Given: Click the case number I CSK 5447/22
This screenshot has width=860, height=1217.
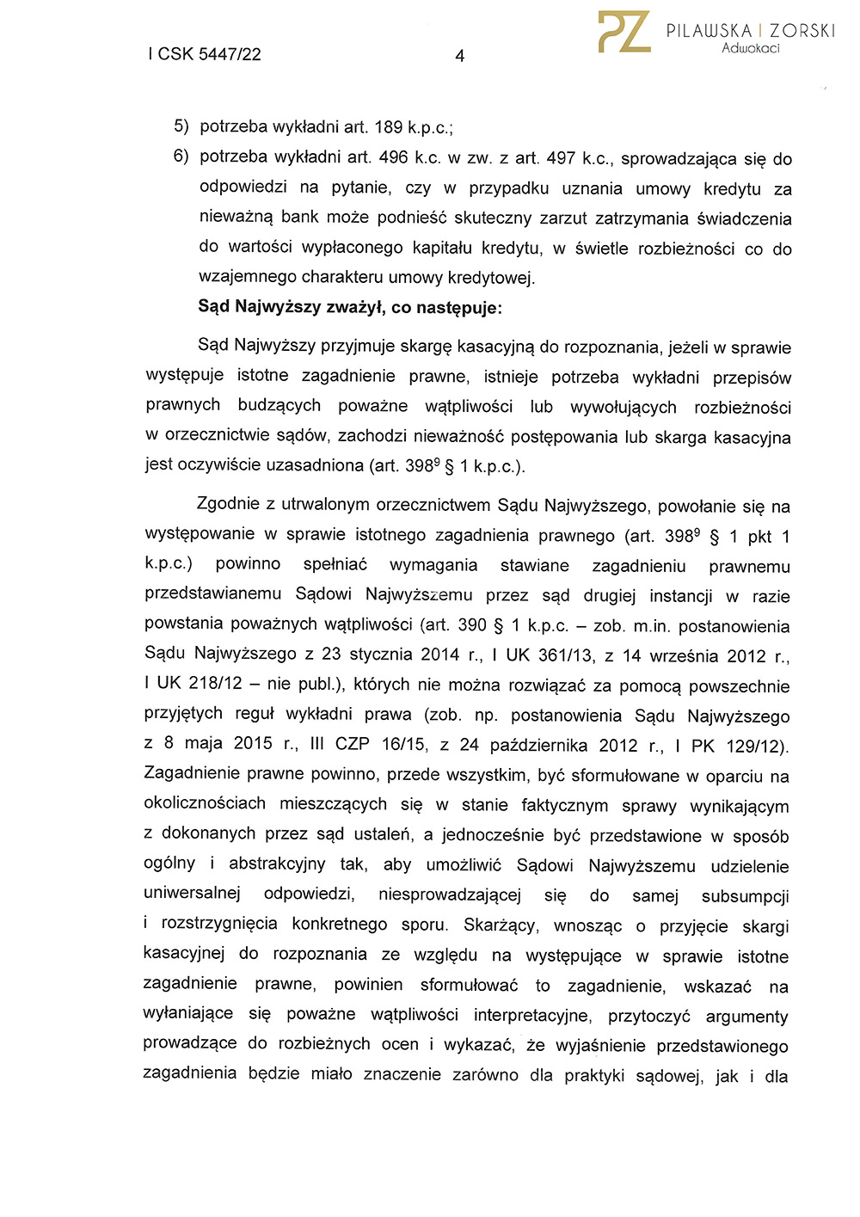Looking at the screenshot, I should click(205, 54).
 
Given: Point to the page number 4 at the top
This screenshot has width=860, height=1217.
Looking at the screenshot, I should click(459, 56).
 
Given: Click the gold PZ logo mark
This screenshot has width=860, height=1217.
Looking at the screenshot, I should click(624, 33).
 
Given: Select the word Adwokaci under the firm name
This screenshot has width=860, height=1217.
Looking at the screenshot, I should click(750, 48).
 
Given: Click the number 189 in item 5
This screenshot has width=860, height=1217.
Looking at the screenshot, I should click(389, 127).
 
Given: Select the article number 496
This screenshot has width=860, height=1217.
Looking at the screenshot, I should click(393, 158).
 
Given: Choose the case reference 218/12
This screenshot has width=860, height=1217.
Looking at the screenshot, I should click(215, 684).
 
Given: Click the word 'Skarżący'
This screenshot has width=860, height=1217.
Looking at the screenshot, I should click(500, 925).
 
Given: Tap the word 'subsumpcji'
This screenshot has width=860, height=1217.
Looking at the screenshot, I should click(745, 896).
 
